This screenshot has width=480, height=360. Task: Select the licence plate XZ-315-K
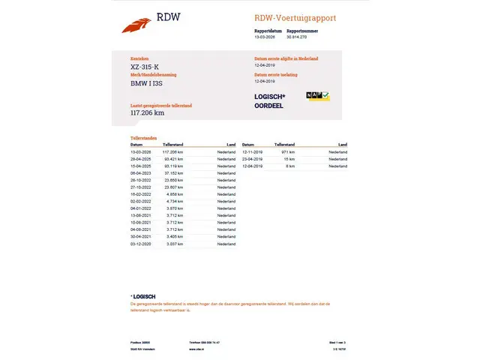click(x=145, y=67)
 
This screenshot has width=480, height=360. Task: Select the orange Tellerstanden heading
click(x=145, y=138)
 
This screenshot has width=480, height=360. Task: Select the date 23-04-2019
click(x=252, y=159)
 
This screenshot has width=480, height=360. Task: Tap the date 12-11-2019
click(x=252, y=152)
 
